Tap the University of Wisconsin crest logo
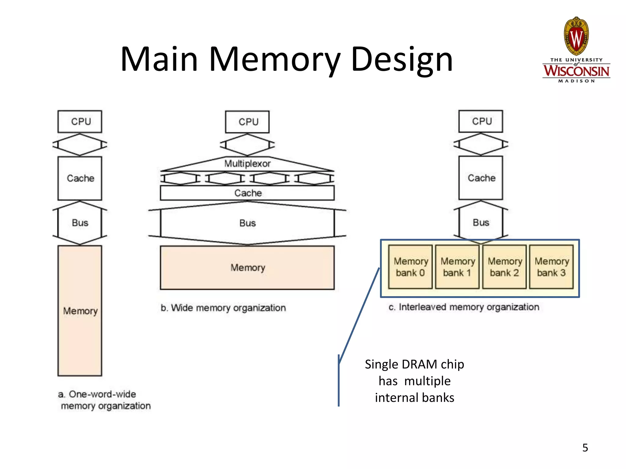(576, 37)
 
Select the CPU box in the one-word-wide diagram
(80, 122)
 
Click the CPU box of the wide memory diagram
(247, 122)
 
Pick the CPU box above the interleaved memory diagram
(481, 121)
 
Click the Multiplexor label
(247, 164)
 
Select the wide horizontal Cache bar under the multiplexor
(247, 193)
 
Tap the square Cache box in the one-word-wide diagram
(80, 178)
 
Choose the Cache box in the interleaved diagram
(481, 178)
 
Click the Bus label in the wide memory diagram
(247, 223)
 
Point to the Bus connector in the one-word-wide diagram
(80, 223)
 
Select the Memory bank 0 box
(410, 267)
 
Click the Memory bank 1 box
(457, 267)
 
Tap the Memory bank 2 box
(504, 267)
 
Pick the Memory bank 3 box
(551, 267)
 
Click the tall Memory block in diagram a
(80, 311)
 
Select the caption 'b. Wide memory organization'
(223, 308)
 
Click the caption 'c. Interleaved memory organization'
(464, 307)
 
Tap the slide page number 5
(585, 448)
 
